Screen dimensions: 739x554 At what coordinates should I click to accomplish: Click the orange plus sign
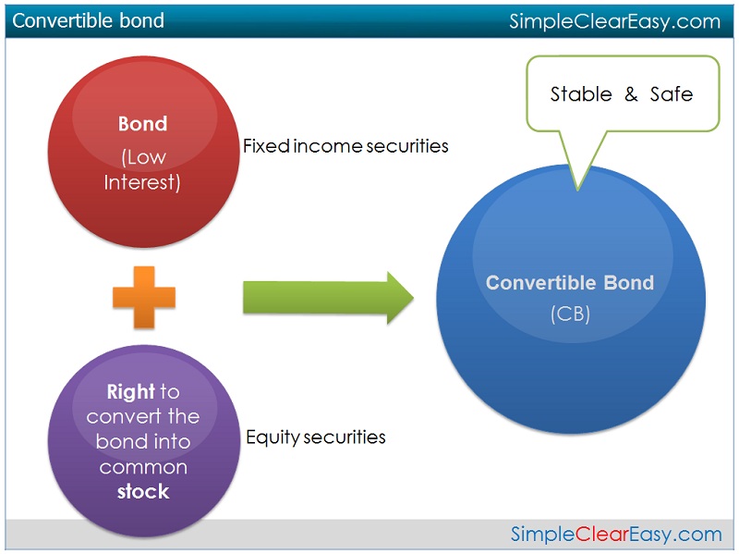point(144,297)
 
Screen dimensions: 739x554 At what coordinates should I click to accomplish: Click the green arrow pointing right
point(329,298)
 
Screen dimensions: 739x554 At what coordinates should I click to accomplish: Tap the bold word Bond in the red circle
point(143,124)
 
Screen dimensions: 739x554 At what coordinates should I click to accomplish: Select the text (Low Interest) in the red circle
point(142,170)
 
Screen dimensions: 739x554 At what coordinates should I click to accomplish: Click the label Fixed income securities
point(345,146)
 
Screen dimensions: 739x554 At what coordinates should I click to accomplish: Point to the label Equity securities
point(316,437)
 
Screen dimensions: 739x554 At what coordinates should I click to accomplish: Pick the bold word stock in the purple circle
point(143,492)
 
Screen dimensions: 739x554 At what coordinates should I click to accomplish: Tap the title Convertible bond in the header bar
point(88,20)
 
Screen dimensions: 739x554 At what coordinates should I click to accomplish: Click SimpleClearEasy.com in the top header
point(615,21)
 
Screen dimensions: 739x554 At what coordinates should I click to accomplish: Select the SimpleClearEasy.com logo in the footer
point(616,535)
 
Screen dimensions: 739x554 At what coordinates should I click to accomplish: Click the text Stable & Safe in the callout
point(622,94)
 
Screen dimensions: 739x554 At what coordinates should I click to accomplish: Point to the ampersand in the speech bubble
point(631,94)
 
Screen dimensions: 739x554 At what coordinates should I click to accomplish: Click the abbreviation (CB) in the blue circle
point(570,314)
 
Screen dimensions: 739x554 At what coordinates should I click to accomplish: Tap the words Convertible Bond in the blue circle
point(570,283)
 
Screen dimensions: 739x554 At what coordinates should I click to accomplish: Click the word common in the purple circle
point(143,468)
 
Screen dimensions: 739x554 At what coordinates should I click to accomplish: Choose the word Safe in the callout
point(672,94)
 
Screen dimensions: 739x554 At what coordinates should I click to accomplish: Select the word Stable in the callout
point(581,94)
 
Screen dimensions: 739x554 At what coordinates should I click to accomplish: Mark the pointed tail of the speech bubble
point(578,190)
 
